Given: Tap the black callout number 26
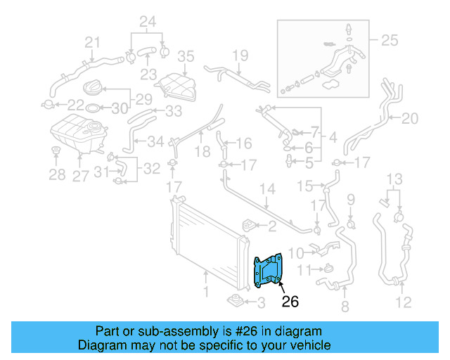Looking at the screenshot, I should (x=290, y=302).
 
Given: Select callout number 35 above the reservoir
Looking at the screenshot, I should (x=185, y=56).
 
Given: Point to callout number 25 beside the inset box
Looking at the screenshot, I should (x=389, y=41).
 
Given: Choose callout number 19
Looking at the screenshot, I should (x=240, y=55).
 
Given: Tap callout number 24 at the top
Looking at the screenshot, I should (x=147, y=21).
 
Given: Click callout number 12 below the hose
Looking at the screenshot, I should (x=402, y=304).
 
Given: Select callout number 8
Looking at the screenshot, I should (x=345, y=306).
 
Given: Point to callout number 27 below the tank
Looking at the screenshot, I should (x=81, y=176).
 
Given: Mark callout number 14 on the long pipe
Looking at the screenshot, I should (x=267, y=189).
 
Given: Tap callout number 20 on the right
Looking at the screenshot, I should (x=410, y=118).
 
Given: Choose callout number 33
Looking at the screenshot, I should (x=173, y=111).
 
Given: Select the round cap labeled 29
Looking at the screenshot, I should (x=94, y=90).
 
